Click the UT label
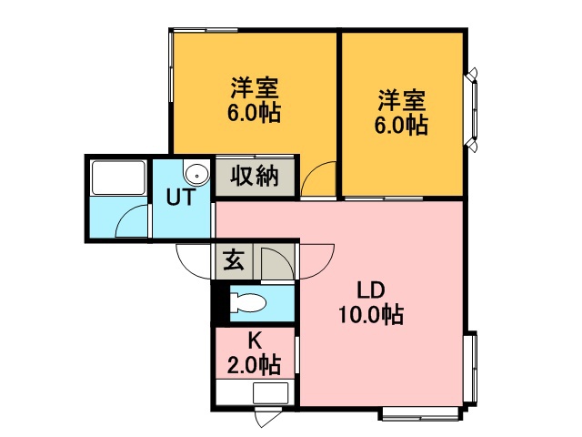[179, 196]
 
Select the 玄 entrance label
[233, 261]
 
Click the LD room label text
[371, 291]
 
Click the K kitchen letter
[254, 342]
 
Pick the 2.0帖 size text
[254, 365]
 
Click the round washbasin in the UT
[195, 174]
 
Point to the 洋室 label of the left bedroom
[254, 89]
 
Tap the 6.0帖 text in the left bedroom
[254, 114]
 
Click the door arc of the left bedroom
[320, 178]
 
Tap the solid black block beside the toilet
[218, 304]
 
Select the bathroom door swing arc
[133, 222]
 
